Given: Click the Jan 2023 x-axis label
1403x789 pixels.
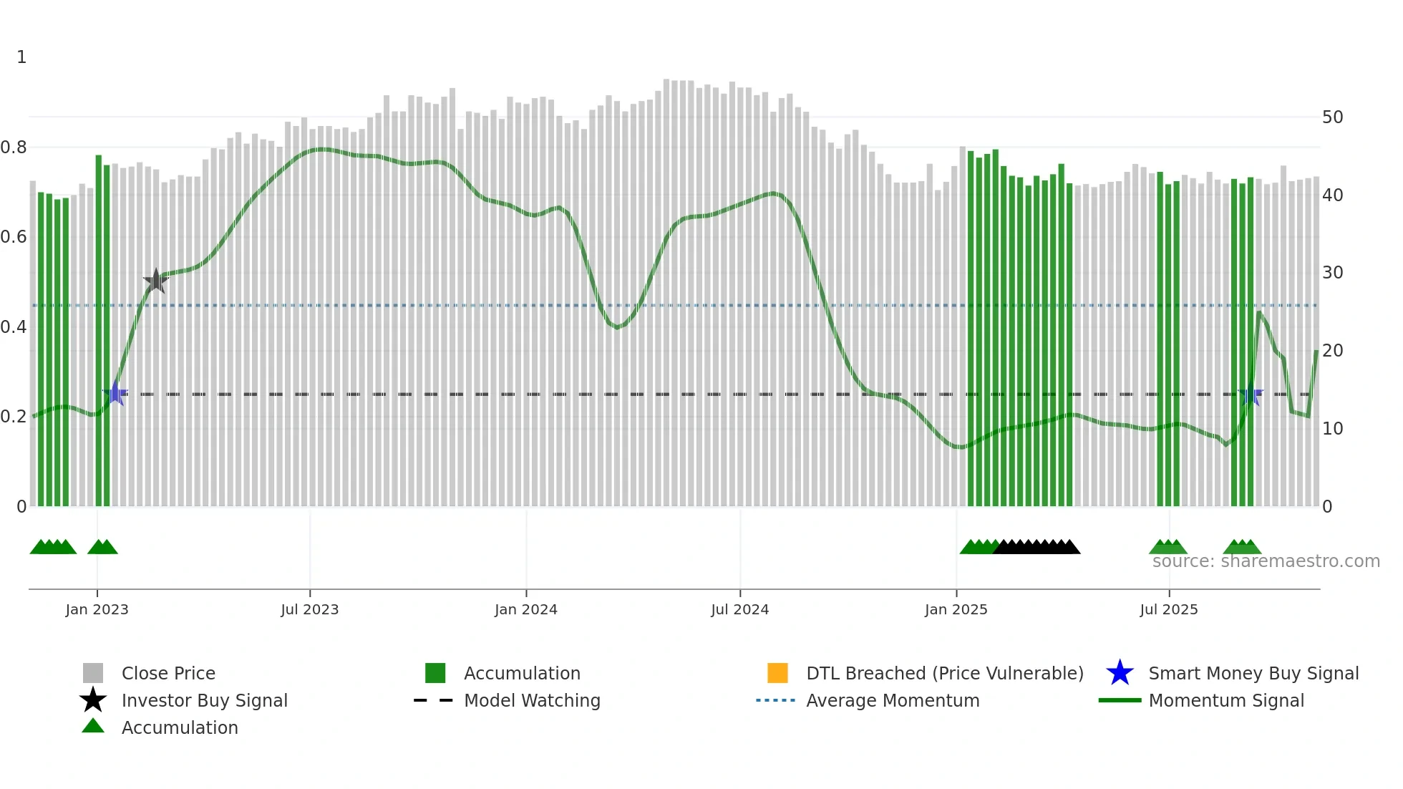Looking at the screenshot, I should (x=97, y=610).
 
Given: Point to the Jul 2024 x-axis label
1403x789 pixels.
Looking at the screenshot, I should (x=739, y=610).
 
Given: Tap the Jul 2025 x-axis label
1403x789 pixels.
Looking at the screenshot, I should (x=1168, y=610).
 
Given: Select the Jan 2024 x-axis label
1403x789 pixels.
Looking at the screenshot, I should (x=525, y=610).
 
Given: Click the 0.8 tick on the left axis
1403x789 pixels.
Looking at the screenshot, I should (x=14, y=147).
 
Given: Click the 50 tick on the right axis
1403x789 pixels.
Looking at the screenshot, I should (x=1332, y=117).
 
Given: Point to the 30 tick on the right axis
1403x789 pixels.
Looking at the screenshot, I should (x=1332, y=273).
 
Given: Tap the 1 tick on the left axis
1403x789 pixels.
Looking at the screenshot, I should (x=21, y=57).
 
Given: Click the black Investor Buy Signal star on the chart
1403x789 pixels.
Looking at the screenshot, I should (x=155, y=281).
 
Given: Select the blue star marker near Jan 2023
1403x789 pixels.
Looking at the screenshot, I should (x=115, y=393).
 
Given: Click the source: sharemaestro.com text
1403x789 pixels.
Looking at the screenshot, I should (x=1266, y=561).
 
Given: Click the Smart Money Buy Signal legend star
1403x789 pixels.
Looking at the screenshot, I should (x=1120, y=673).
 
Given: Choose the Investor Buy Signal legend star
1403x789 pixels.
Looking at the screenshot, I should (x=93, y=700).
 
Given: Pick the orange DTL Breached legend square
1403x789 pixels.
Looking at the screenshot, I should (x=777, y=673).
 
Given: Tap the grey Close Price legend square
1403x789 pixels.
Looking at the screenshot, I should (x=93, y=673).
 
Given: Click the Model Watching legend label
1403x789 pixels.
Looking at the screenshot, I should (x=532, y=701).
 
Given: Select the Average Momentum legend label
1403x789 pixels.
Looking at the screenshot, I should (x=893, y=701).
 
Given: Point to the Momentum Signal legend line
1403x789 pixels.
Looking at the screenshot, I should (x=1120, y=700).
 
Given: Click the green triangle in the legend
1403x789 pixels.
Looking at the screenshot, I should (x=93, y=726).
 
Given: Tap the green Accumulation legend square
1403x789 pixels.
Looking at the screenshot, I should (x=435, y=673).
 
